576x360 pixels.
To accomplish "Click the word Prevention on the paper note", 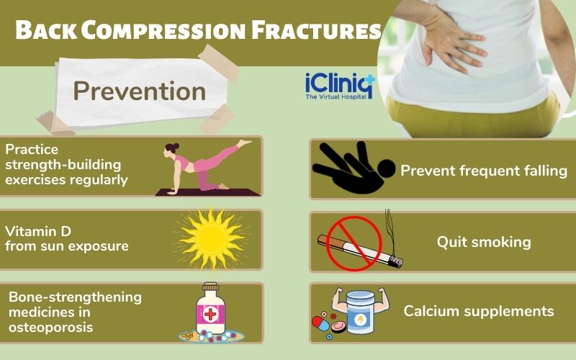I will [139, 91].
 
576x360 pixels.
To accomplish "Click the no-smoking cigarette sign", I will [354, 243].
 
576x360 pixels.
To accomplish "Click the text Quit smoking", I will [484, 242].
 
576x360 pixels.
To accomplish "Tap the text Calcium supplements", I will [479, 311].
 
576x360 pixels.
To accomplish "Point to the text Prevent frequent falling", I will [484, 171].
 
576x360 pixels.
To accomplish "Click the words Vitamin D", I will [32, 231].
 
